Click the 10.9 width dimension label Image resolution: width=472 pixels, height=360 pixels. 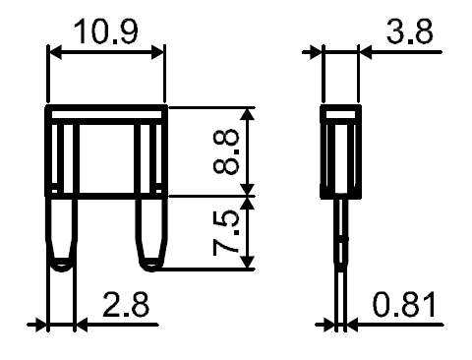[x=105, y=31]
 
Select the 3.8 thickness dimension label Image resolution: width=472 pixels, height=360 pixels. [x=409, y=31]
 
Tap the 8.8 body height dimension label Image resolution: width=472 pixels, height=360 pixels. [x=226, y=151]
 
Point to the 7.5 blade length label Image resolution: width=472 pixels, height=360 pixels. [x=226, y=233]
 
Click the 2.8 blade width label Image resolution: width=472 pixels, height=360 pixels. [x=126, y=305]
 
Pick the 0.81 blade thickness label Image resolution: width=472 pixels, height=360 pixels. [x=405, y=305]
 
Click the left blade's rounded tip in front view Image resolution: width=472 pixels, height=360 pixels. [x=61, y=266]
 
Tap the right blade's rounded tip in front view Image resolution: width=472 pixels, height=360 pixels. [x=151, y=266]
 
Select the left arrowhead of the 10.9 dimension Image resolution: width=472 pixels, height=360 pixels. [x=55, y=52]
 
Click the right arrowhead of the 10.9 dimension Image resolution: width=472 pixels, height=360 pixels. [x=157, y=52]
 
